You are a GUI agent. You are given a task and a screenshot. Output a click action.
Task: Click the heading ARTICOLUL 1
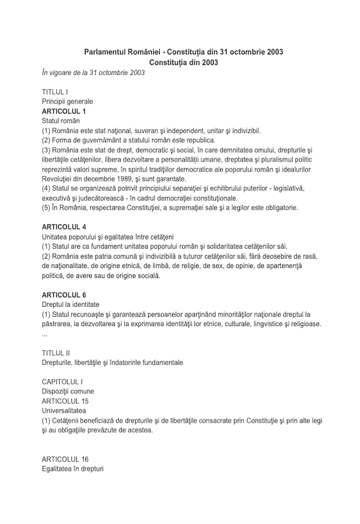click(x=64, y=111)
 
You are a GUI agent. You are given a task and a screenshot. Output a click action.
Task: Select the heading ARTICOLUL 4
click(x=64, y=226)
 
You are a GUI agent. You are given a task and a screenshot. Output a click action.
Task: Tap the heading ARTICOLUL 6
click(x=64, y=294)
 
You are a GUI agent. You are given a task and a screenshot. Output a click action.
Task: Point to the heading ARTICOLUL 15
click(x=65, y=401)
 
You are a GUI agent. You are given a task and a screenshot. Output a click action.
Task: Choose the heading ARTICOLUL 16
click(x=65, y=458)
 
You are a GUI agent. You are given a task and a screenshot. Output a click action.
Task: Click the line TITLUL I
click(x=55, y=92)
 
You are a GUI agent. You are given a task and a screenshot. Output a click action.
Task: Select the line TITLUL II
click(x=56, y=353)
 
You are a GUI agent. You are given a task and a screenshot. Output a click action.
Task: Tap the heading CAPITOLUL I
click(x=62, y=382)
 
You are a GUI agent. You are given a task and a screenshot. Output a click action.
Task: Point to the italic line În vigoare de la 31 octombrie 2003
click(x=93, y=73)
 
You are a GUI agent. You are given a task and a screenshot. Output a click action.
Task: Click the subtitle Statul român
click(x=61, y=120)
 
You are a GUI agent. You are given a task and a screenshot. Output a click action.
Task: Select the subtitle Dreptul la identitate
click(x=70, y=304)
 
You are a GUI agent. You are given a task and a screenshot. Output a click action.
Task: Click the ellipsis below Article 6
click(x=45, y=334)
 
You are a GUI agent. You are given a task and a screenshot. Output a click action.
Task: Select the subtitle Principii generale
click(x=67, y=101)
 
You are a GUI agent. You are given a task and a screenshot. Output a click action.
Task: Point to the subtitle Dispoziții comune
click(x=68, y=391)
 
